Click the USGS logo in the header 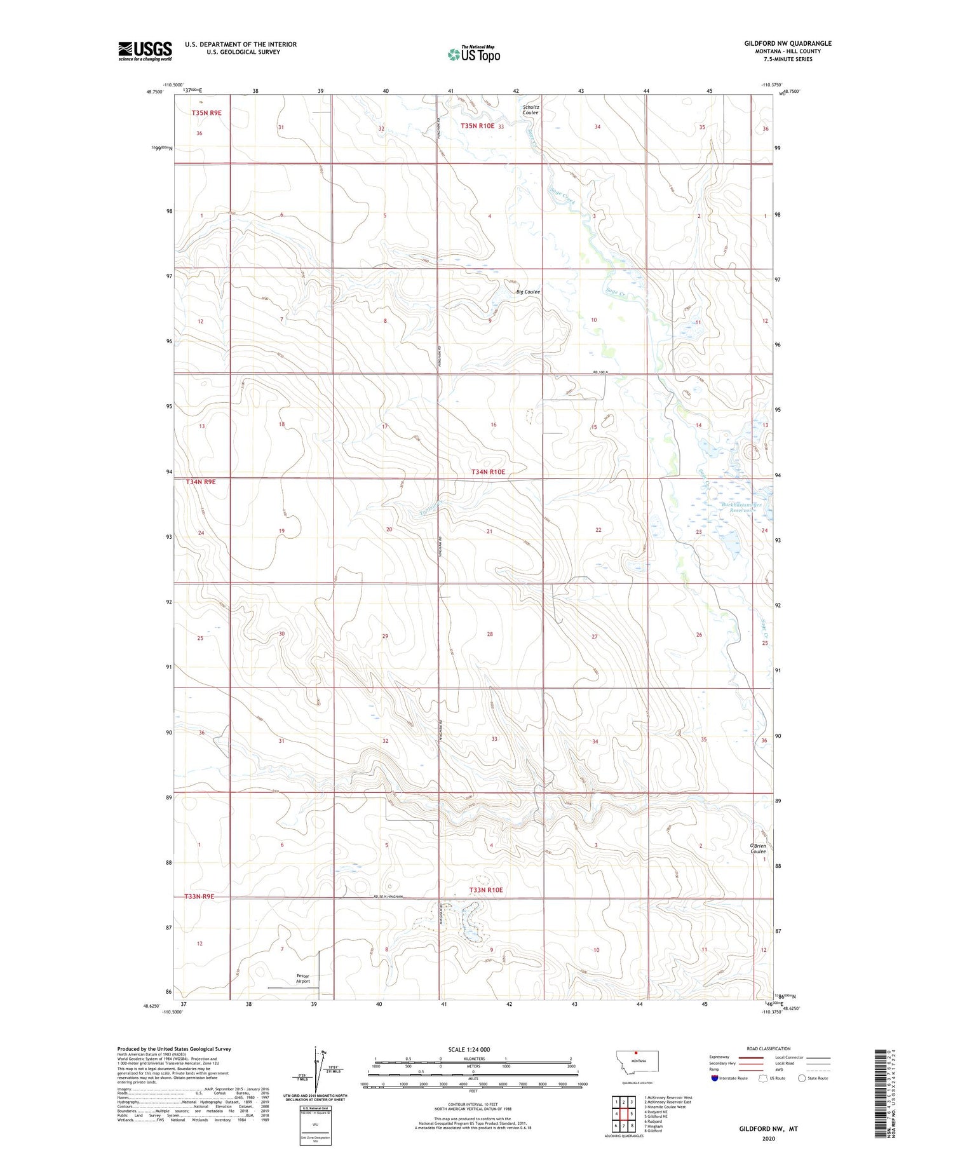(145, 51)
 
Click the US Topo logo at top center (474, 54)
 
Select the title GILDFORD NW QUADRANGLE (788, 43)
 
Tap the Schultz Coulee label (531, 110)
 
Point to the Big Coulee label (528, 292)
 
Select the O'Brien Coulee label (758, 849)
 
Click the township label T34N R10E (488, 472)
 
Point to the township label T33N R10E (486, 890)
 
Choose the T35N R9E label (206, 112)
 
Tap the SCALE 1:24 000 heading (473, 1049)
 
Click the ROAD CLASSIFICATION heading (769, 1048)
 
